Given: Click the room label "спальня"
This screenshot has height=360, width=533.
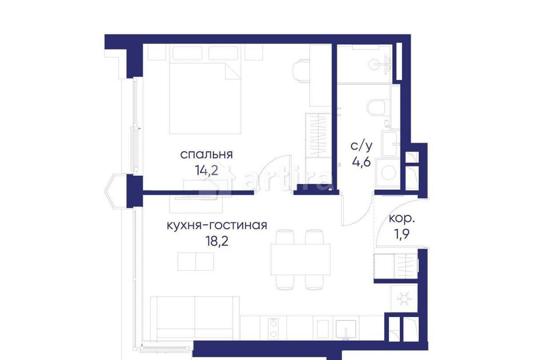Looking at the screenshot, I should coord(207,155).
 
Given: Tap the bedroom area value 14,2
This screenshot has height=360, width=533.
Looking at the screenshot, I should coord(207,172).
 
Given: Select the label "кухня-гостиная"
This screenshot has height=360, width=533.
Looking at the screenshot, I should coord(216,225).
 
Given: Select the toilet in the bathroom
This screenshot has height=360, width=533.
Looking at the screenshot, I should coord(379,107).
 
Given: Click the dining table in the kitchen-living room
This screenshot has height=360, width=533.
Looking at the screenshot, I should coord(301,259).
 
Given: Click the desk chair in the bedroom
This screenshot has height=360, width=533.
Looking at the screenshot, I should coord(300,71).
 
